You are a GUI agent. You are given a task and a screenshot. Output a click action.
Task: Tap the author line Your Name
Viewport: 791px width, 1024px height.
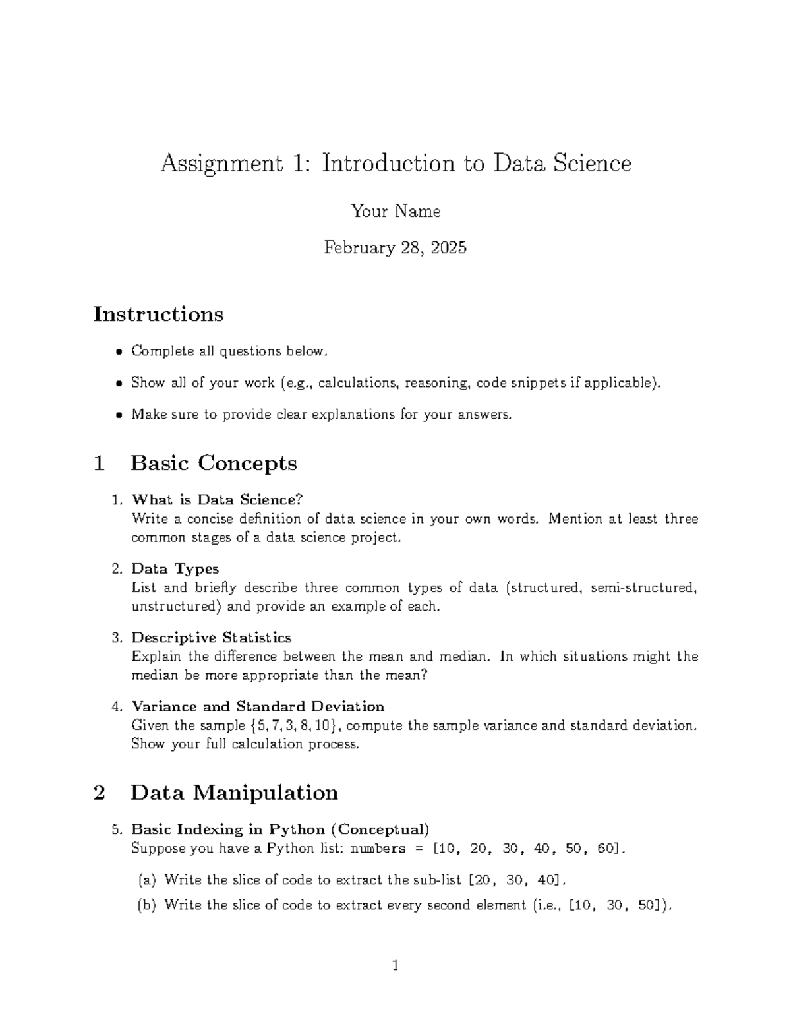pyautogui.click(x=395, y=211)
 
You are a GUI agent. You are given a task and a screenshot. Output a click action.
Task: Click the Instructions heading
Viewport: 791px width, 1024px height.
pyautogui.click(x=158, y=314)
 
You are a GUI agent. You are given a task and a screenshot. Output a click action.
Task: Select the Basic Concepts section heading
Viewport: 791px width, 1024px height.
pyautogui.click(x=214, y=463)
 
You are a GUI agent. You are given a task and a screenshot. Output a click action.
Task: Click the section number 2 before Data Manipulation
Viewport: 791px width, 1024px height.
pyautogui.click(x=100, y=793)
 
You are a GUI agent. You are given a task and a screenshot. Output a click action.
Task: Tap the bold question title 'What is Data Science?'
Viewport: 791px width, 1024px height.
pyautogui.click(x=217, y=500)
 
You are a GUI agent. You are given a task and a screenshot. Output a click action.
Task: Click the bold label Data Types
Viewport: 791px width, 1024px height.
pyautogui.click(x=175, y=568)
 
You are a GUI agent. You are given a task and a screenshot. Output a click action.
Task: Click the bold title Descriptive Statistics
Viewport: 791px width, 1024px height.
pyautogui.click(x=211, y=638)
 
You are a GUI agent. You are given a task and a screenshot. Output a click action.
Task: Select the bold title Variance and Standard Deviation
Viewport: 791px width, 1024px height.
pyautogui.click(x=258, y=707)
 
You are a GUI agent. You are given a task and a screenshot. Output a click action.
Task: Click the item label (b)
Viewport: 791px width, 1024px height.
pyautogui.click(x=146, y=905)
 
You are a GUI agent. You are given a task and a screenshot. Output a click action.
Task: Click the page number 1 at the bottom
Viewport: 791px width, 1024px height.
pyautogui.click(x=395, y=967)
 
